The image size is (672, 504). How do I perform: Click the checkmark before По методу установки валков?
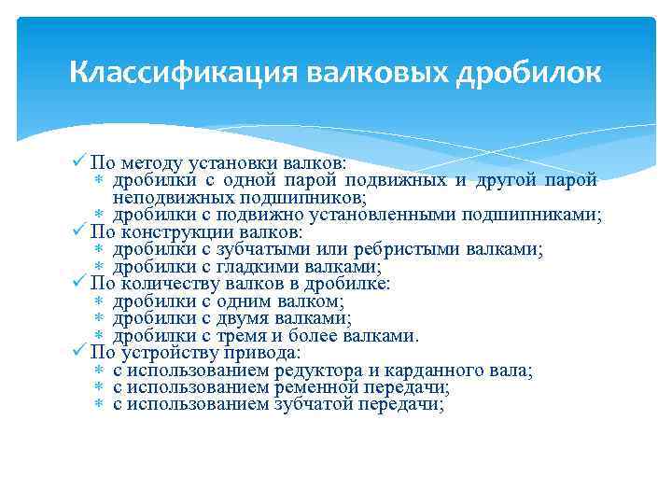[79, 162]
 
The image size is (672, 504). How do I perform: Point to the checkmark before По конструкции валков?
[79, 231]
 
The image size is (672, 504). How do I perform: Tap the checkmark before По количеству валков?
[79, 283]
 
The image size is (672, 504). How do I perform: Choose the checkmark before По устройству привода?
[79, 353]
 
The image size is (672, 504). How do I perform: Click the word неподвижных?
[162, 197]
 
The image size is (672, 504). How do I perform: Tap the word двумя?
[224, 318]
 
